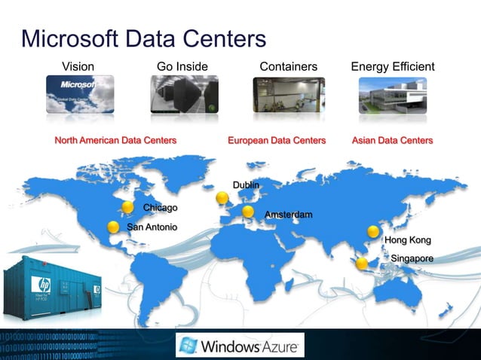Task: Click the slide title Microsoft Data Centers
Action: point(144,38)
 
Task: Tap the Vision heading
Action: point(78,67)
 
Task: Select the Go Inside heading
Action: point(182,67)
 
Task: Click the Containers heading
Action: point(288,67)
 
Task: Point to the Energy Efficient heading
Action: point(393,67)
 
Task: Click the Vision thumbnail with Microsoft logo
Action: point(80,94)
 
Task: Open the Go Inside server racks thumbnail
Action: point(184,95)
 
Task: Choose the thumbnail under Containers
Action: point(289,95)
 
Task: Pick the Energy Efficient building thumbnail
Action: point(393,95)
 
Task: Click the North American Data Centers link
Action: point(115,140)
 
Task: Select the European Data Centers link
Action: point(277,140)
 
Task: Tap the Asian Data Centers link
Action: point(392,140)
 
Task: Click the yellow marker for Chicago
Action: point(127,206)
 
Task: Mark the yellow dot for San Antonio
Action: point(113,226)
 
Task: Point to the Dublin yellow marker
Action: point(222,198)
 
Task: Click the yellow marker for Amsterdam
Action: point(248,212)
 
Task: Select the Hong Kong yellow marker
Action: point(372,232)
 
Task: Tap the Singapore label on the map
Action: point(412,258)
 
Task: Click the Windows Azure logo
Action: point(240,346)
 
